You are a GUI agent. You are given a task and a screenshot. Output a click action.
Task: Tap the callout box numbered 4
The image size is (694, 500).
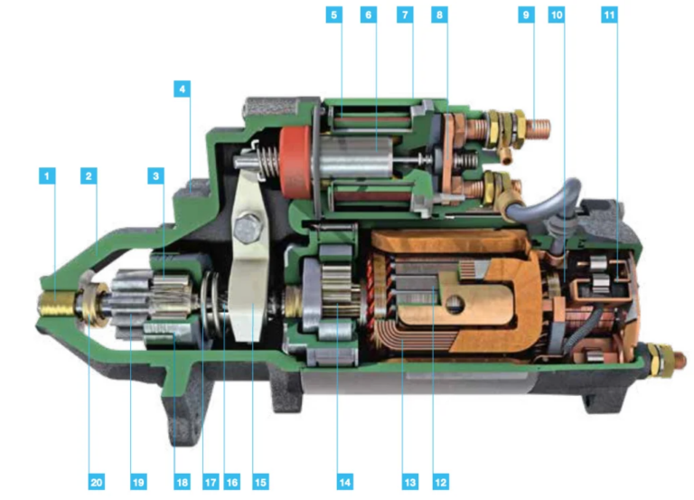[x=183, y=90]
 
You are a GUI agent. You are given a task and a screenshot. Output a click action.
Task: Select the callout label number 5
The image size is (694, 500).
[x=334, y=16]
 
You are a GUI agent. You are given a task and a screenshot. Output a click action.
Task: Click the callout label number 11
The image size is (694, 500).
[x=610, y=16]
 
